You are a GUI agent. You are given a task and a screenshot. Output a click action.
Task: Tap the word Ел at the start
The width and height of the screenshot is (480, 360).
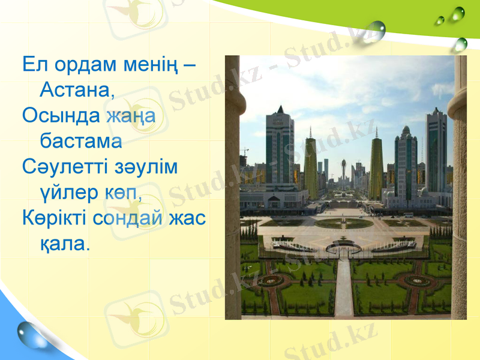coord(32,64)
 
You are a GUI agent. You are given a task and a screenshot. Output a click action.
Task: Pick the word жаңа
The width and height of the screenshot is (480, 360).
coord(131,117)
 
